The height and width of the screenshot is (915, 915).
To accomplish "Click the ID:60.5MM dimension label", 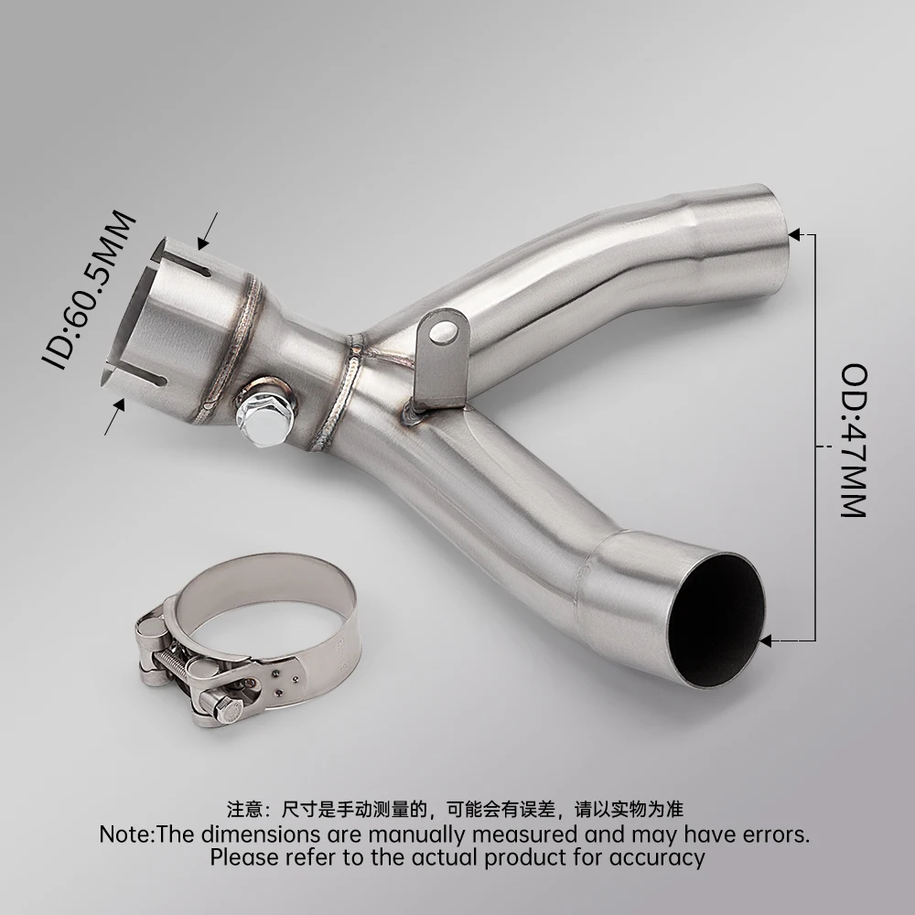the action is (89, 290).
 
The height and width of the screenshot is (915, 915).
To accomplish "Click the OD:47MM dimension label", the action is (853, 441).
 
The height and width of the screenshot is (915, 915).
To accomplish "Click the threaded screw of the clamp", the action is (175, 663).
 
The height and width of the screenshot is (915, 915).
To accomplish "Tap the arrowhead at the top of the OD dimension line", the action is (794, 234).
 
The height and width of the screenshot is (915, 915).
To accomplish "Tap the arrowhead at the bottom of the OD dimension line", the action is (766, 641).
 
